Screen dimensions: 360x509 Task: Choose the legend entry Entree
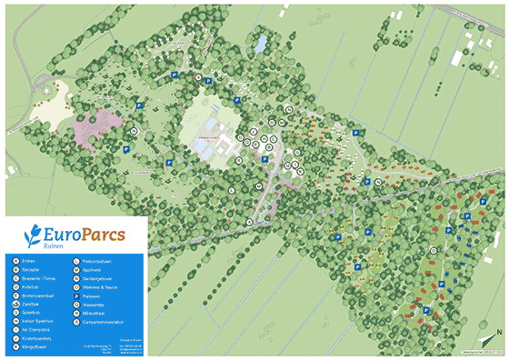coord(25,262)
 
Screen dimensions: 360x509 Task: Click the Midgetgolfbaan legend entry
coord(33,346)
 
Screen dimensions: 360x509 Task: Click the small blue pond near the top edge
coord(262,43)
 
